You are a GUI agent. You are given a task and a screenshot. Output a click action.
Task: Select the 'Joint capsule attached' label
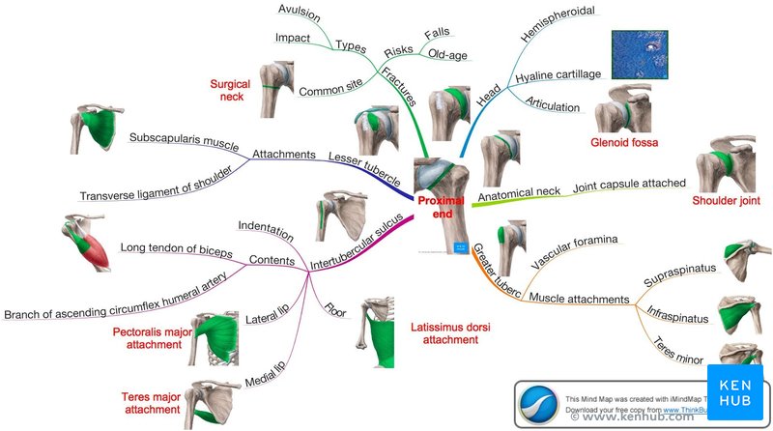(629, 183)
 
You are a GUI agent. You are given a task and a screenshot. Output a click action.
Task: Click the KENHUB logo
(734, 388)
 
